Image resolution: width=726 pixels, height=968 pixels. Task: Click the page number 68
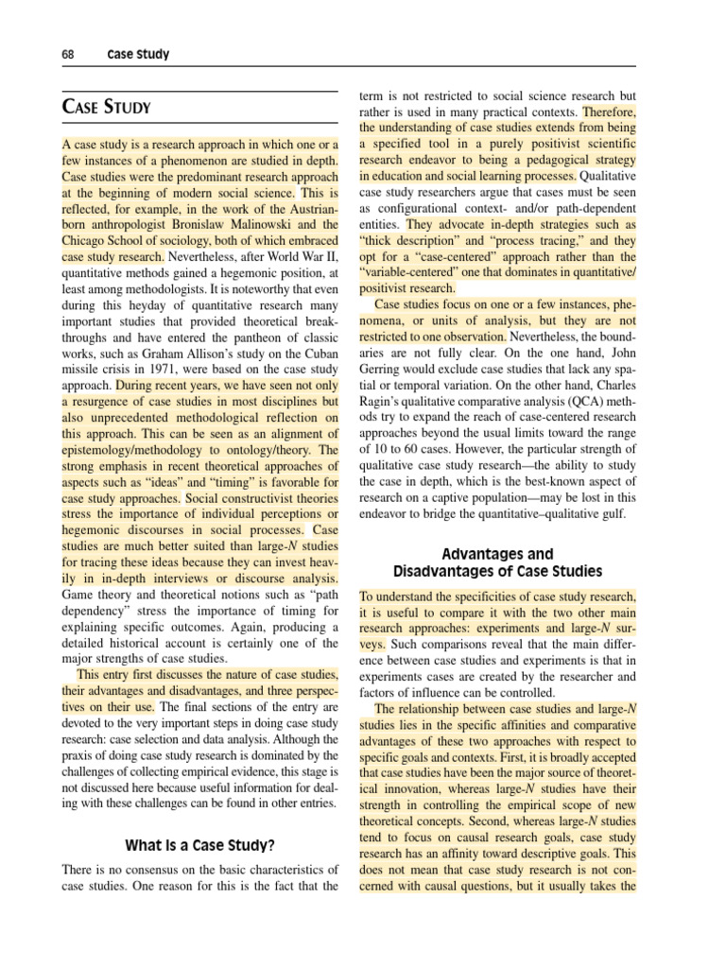click(69, 55)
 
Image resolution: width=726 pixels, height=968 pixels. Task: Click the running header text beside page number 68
click(138, 55)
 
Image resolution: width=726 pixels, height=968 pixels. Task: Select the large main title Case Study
click(106, 107)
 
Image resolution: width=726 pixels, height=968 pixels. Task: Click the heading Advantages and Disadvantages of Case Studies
click(497, 562)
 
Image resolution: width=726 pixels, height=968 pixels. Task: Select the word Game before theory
click(80, 594)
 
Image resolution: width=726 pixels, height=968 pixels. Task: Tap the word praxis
click(82, 755)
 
